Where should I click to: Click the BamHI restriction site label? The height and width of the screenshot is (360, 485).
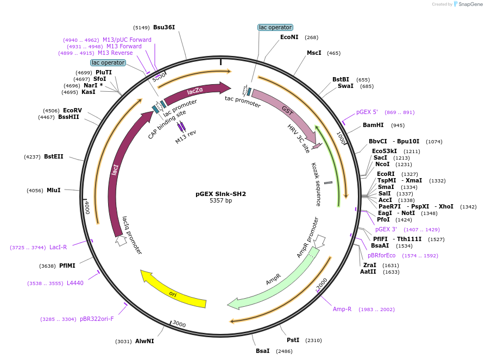[373, 125]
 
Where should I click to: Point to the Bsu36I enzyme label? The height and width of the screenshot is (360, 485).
[164, 27]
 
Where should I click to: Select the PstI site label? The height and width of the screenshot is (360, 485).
[293, 340]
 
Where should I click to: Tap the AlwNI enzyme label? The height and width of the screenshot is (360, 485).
[144, 341]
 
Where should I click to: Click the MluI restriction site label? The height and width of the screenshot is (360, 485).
[53, 190]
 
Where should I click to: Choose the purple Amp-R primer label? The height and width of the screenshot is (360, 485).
[342, 309]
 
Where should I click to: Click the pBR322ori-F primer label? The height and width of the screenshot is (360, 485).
[97, 319]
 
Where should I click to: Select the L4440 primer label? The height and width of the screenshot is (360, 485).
[75, 283]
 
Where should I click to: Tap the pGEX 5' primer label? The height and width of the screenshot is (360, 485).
[367, 112]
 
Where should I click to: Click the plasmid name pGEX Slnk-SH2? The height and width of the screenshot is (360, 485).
[221, 193]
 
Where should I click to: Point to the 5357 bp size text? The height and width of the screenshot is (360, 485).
[221, 201]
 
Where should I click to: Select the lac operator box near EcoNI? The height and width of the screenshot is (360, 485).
[275, 27]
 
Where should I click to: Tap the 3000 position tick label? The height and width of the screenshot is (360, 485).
[179, 325]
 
